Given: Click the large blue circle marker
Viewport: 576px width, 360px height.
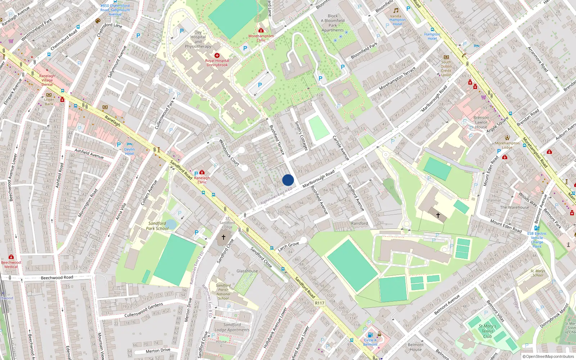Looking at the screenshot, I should pyautogui.click(x=288, y=180).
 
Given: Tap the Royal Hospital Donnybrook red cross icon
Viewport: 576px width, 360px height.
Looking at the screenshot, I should pyautogui.click(x=217, y=55).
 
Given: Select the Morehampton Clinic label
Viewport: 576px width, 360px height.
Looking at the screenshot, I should pyautogui.click(x=261, y=38).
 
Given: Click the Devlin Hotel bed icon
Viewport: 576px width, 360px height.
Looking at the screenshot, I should pyautogui.click(x=130, y=144).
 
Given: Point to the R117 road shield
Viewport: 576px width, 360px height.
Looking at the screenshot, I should pyautogui.click(x=320, y=303).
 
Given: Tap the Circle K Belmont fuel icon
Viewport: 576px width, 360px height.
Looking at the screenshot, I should pyautogui.click(x=370, y=335).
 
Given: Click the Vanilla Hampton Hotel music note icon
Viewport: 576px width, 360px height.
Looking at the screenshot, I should pyautogui.click(x=396, y=10).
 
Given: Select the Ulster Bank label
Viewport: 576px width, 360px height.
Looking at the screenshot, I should pyautogui.click(x=49, y=102).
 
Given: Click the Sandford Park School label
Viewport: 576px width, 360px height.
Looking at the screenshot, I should pyautogui.click(x=157, y=226).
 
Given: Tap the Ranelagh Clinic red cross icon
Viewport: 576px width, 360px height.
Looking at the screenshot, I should pyautogui.click(x=202, y=172).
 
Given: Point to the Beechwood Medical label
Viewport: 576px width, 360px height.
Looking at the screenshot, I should pyautogui.click(x=11, y=265).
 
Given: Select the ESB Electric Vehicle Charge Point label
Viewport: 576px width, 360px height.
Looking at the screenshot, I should pyautogui.click(x=537, y=240).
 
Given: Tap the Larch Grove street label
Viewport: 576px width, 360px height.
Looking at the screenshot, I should pyautogui.click(x=288, y=247).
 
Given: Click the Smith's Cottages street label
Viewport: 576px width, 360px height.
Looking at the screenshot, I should pyautogui.click(x=301, y=136).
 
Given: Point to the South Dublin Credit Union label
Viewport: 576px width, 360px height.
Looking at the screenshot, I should pyautogui.click(x=446, y=68).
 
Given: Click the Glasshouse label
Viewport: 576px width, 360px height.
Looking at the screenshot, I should pyautogui.click(x=247, y=271).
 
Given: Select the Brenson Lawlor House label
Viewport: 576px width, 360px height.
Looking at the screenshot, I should pyautogui.click(x=481, y=122).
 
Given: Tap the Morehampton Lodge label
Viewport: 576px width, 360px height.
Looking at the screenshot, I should pyautogui.click(x=507, y=145).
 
